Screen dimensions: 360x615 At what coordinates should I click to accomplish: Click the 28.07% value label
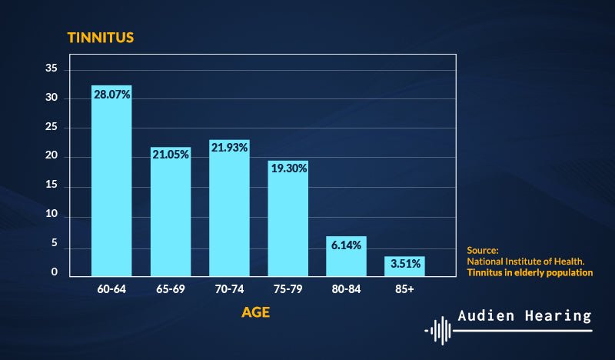click(x=111, y=94)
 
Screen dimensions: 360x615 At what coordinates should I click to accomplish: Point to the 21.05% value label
click(x=170, y=153)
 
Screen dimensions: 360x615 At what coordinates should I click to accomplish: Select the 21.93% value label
click(x=229, y=147)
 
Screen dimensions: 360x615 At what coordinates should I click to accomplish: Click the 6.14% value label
click(x=346, y=243)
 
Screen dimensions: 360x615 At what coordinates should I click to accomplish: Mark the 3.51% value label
click(x=404, y=264)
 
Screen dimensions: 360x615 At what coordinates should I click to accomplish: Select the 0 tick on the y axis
click(x=55, y=272)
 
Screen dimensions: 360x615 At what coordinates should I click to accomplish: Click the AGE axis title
click(x=256, y=313)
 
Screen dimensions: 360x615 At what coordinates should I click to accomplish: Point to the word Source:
click(x=483, y=250)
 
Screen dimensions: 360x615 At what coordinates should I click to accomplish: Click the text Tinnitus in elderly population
click(x=530, y=272)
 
